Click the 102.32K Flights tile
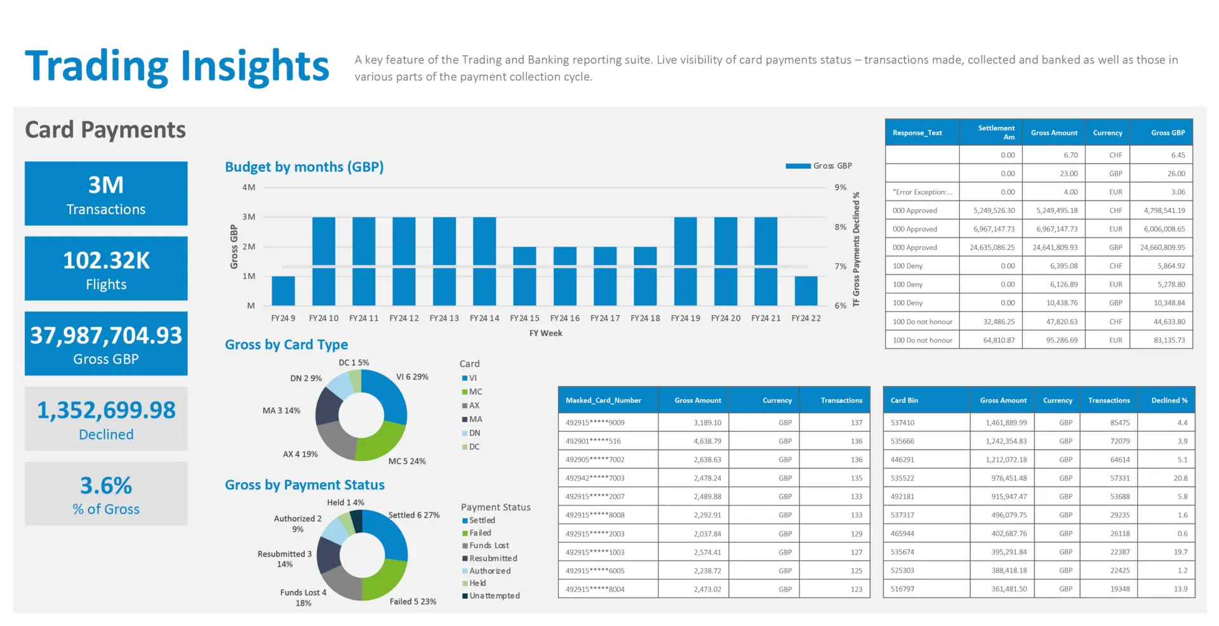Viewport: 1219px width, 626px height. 106,268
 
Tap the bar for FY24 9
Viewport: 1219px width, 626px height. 283,290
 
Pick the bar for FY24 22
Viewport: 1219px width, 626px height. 806,290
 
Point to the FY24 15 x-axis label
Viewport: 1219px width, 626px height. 524,318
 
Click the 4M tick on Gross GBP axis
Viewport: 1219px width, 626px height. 249,188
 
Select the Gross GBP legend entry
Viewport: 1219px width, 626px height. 819,166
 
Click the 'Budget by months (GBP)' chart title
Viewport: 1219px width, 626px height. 304,167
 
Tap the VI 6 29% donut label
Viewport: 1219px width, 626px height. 412,377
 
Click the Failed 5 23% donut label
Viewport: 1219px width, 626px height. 413,602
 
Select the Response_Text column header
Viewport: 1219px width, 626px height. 917,133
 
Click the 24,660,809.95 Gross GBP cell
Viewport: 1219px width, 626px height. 1162,247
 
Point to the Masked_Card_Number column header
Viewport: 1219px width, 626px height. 603,401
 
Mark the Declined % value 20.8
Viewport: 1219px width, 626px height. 1180,478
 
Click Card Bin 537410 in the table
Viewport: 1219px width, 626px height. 902,423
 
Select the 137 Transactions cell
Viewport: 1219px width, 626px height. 856,423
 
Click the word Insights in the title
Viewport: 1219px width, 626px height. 255,67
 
